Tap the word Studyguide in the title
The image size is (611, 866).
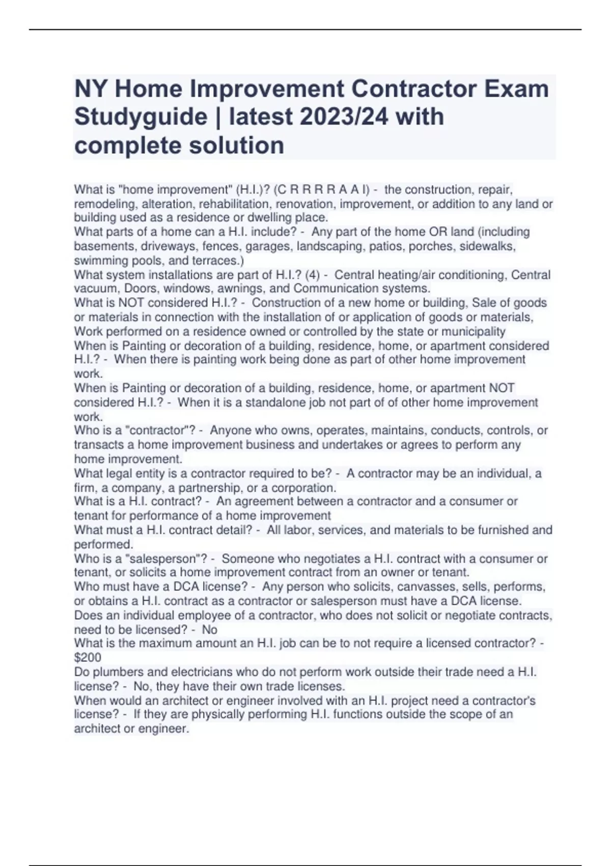(x=141, y=117)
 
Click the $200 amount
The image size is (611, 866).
(x=88, y=657)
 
